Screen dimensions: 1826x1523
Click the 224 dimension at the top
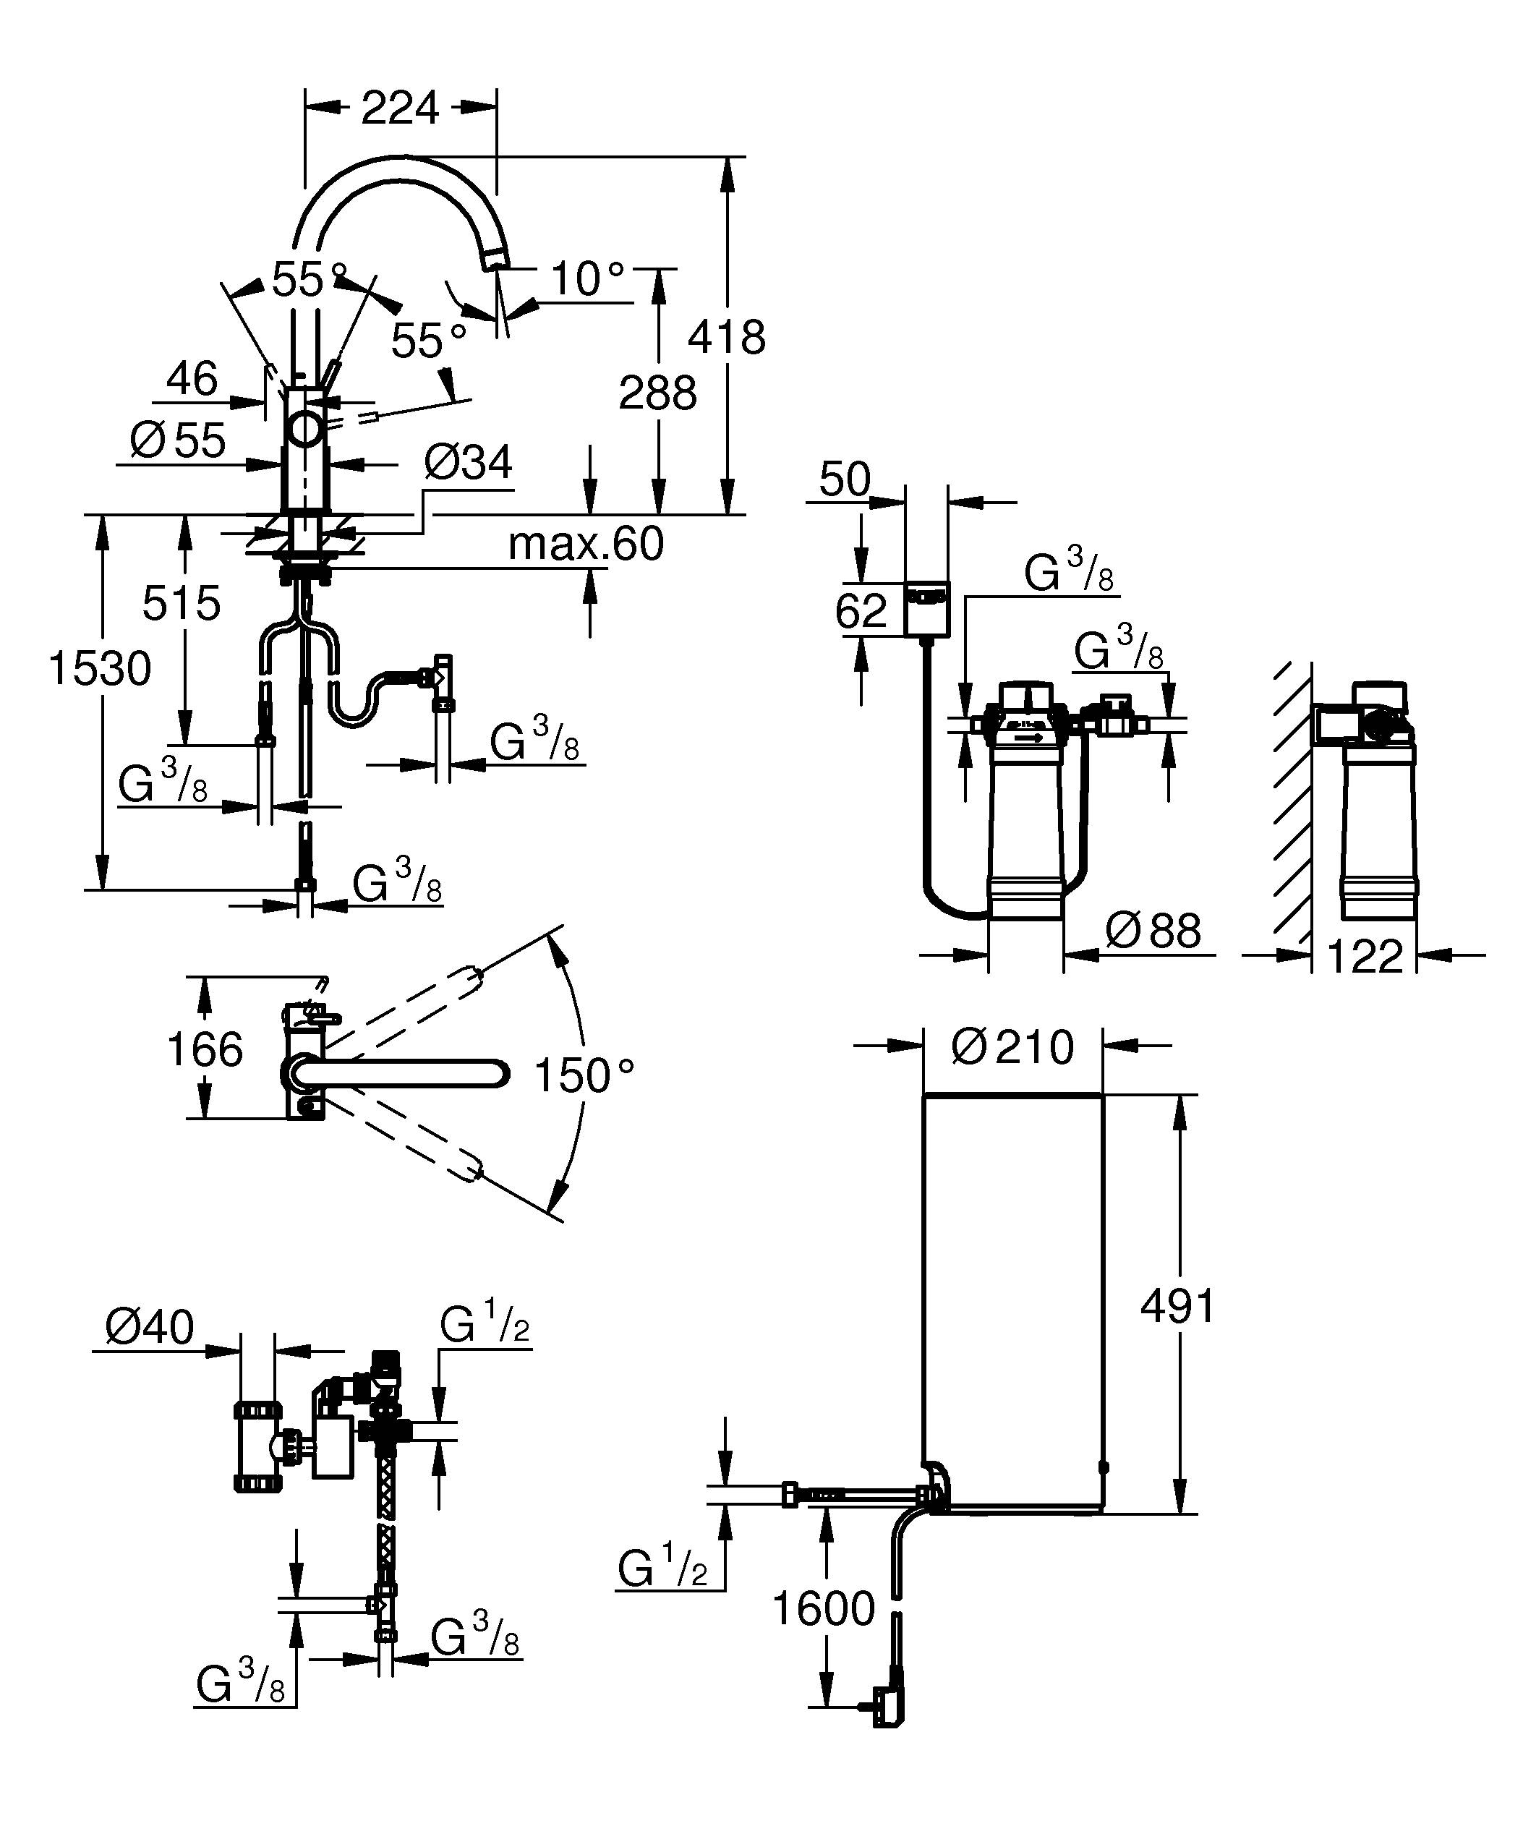[x=400, y=108]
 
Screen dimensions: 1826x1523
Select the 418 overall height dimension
[x=726, y=338]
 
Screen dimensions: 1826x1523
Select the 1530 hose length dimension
[x=100, y=670]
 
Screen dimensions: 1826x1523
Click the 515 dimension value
[x=182, y=602]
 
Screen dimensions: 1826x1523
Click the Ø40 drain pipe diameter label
[x=150, y=1328]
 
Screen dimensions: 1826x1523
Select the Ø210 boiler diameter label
[x=1012, y=1047]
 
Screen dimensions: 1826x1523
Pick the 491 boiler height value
[x=1178, y=1306]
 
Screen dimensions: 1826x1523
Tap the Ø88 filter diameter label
[x=1153, y=931]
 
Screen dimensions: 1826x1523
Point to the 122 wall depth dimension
[x=1365, y=957]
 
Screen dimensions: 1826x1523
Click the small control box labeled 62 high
[x=926, y=609]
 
